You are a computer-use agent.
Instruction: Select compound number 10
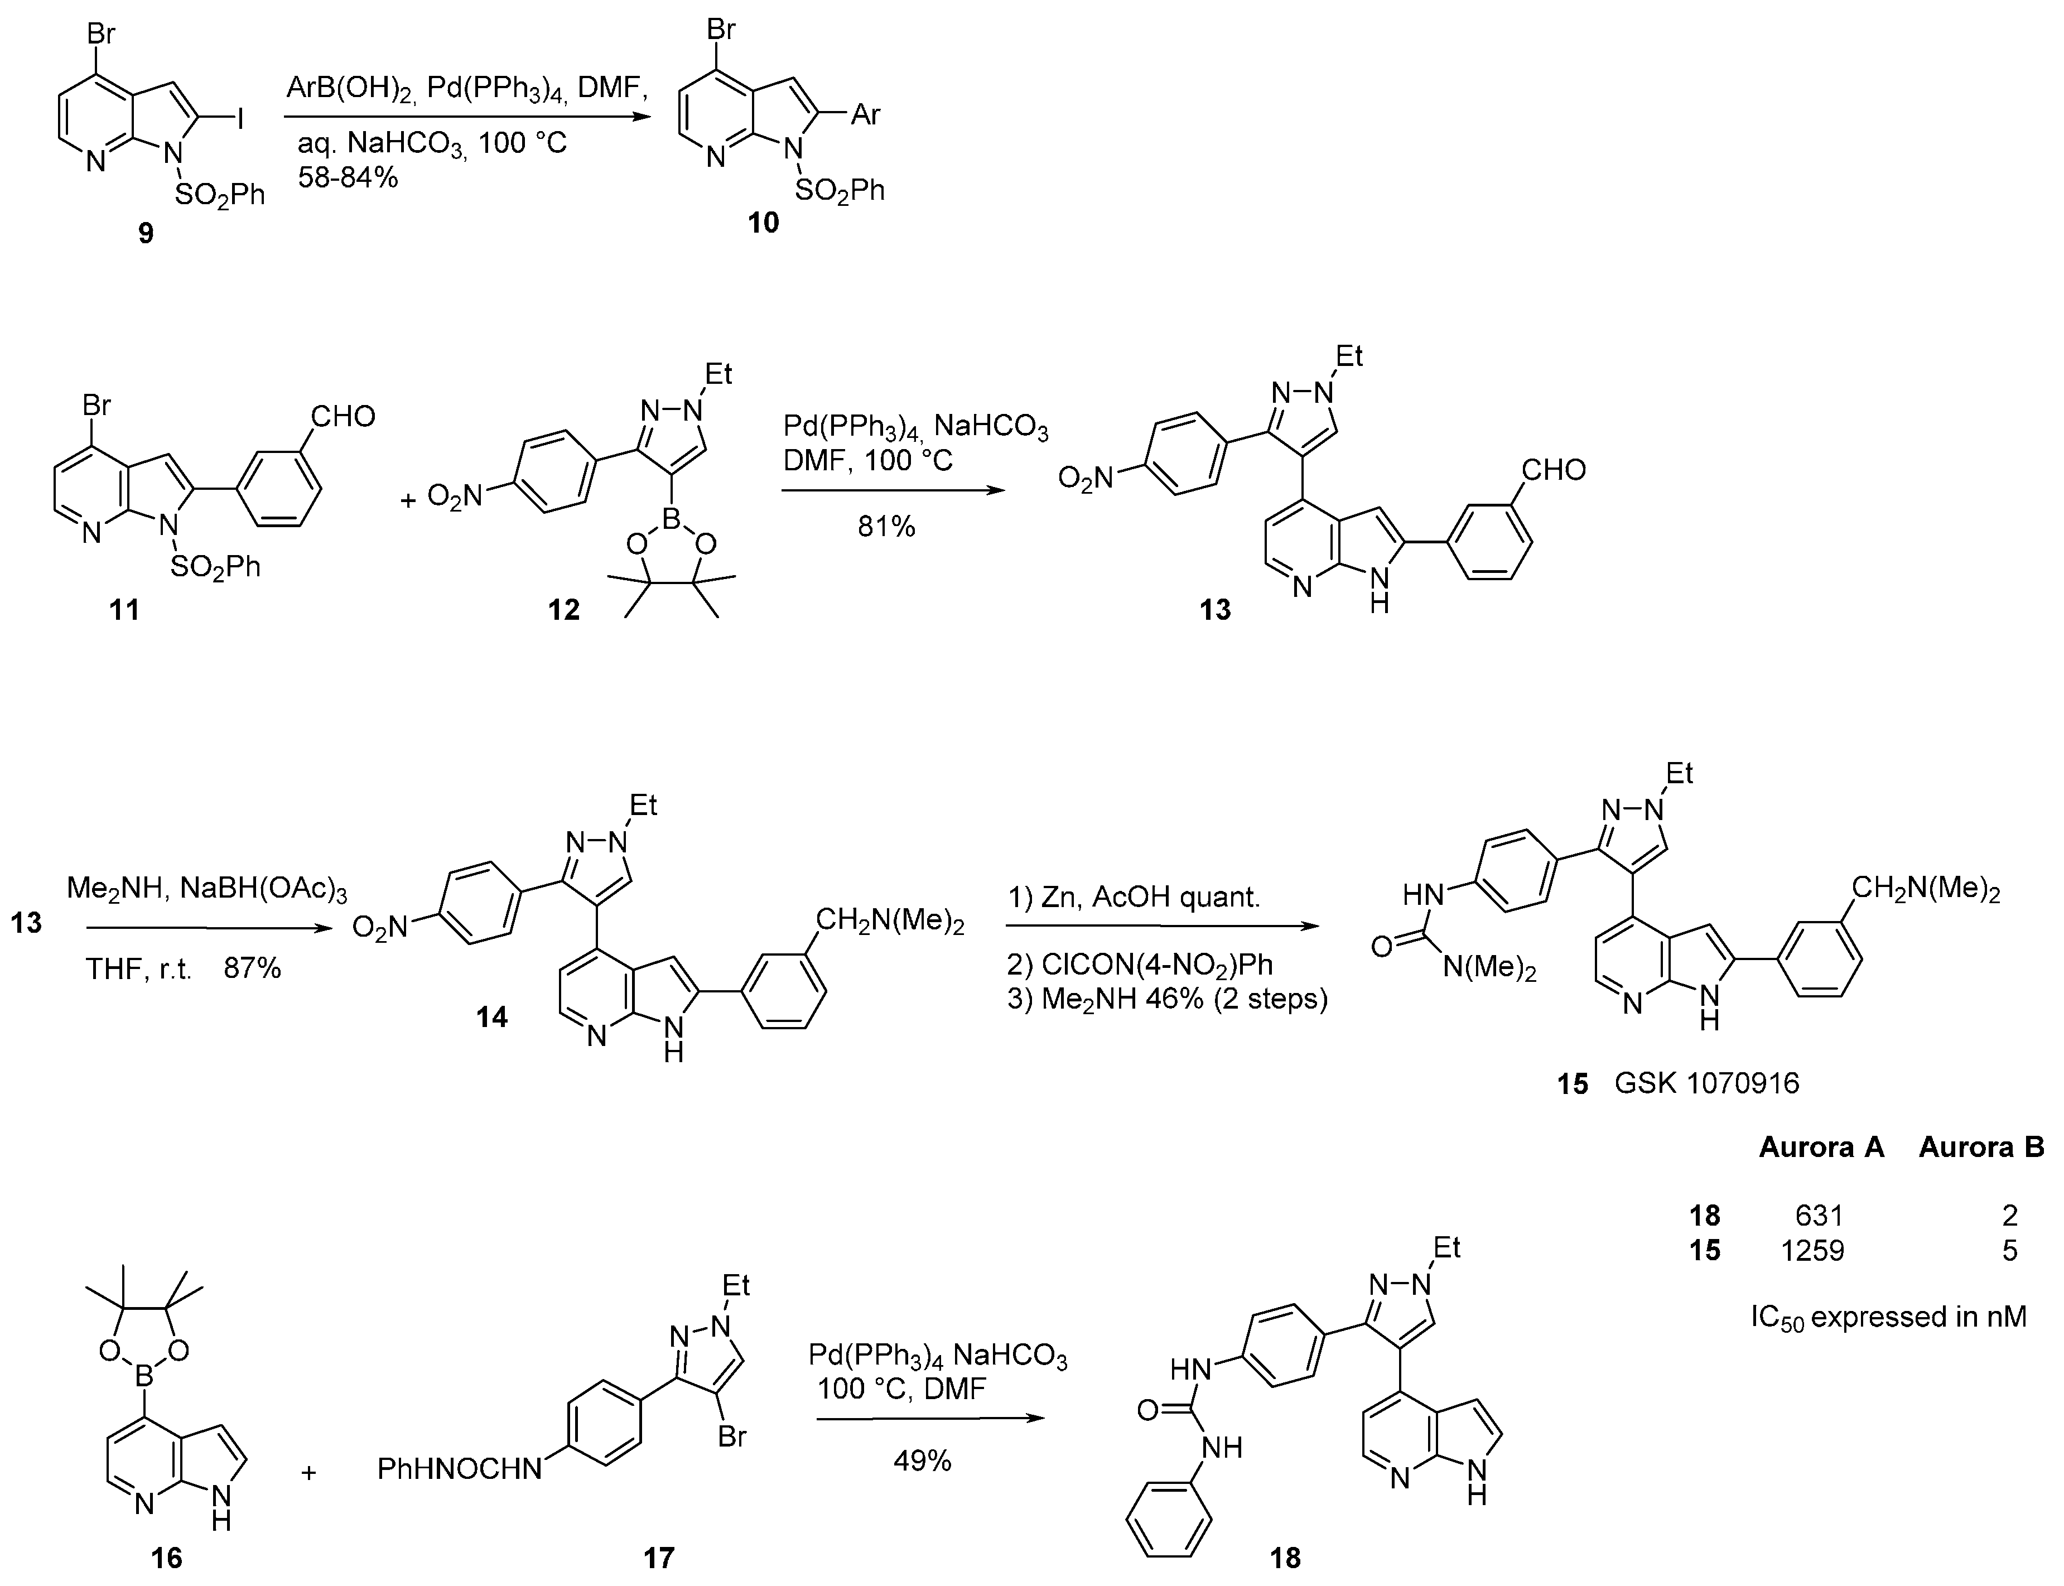pos(764,222)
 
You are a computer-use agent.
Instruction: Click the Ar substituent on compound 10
pos(865,115)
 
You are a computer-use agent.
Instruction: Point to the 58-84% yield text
pos(348,176)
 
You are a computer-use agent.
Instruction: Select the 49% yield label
pos(922,1462)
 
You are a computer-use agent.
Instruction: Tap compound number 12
pos(563,610)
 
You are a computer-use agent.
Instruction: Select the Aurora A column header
pos(1821,1147)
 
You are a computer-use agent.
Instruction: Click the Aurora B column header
pos(1981,1147)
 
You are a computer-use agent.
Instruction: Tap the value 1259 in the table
pos(1811,1251)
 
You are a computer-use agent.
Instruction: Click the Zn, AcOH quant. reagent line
pos(1150,897)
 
